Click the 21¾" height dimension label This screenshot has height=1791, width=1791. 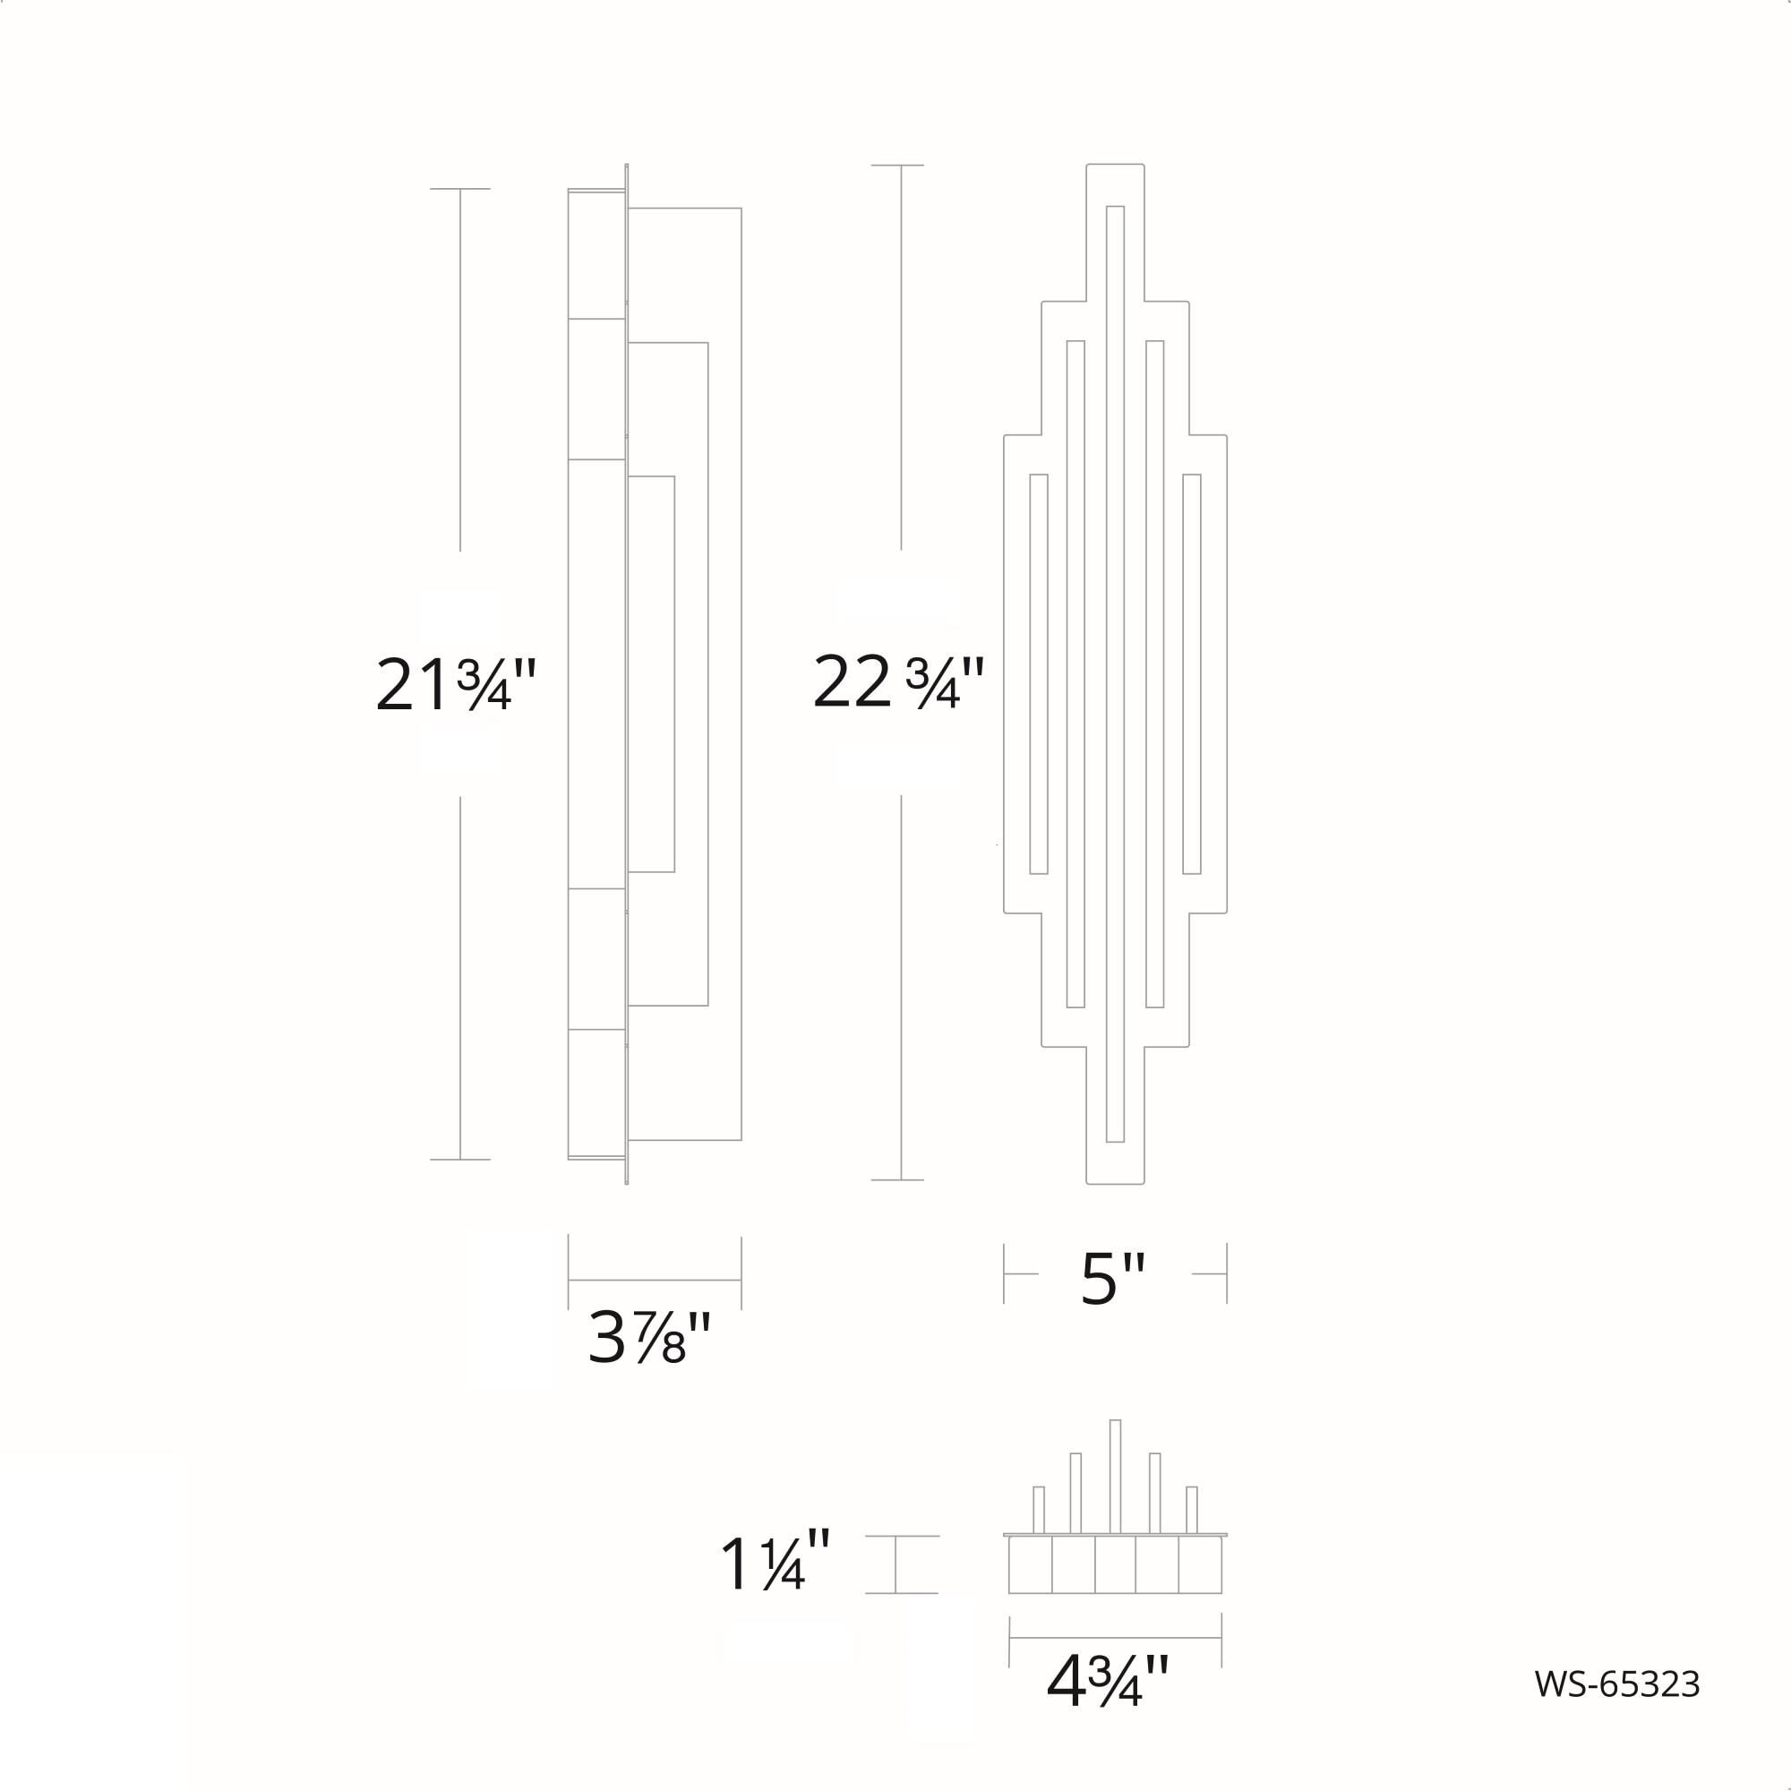[456, 685]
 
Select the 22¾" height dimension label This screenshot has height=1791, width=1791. [897, 681]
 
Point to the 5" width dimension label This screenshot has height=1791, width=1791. [1113, 1280]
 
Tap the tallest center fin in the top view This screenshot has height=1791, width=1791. [1115, 1476]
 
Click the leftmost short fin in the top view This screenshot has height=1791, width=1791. [1038, 1510]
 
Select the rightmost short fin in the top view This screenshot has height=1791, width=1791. [1191, 1510]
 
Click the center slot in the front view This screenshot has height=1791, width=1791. [1115, 674]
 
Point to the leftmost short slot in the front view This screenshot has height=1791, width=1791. [1038, 674]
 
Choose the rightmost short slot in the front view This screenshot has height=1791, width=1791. [1191, 674]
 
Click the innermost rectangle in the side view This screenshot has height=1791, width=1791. [651, 674]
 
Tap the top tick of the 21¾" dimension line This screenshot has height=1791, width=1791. [459, 189]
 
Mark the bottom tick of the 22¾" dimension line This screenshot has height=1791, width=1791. [897, 1180]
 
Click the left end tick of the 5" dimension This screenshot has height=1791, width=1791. [1004, 1273]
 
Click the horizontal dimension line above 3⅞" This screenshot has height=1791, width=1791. [655, 1281]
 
